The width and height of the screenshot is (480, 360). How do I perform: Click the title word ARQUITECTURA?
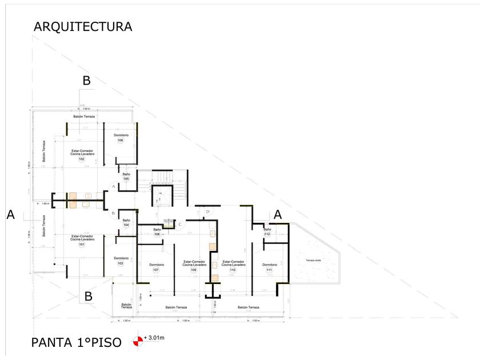83,26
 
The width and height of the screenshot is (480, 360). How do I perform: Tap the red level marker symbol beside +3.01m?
137,341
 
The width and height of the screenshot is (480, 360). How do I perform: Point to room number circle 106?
121,141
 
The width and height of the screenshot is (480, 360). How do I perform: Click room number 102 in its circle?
82,159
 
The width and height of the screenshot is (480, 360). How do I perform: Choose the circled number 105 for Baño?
126,179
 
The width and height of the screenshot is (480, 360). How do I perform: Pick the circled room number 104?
126,225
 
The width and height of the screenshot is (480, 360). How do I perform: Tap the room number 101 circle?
82,245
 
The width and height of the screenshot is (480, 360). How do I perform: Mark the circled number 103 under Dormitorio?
121,263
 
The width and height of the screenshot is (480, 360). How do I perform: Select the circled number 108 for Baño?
157,234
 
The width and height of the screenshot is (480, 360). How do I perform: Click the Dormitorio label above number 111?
270,265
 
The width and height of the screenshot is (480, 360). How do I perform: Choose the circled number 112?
267,234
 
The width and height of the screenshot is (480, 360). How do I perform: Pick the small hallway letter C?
180,224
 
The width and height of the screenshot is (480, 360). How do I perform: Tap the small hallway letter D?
208,212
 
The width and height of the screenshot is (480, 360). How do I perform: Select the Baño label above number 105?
126,173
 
